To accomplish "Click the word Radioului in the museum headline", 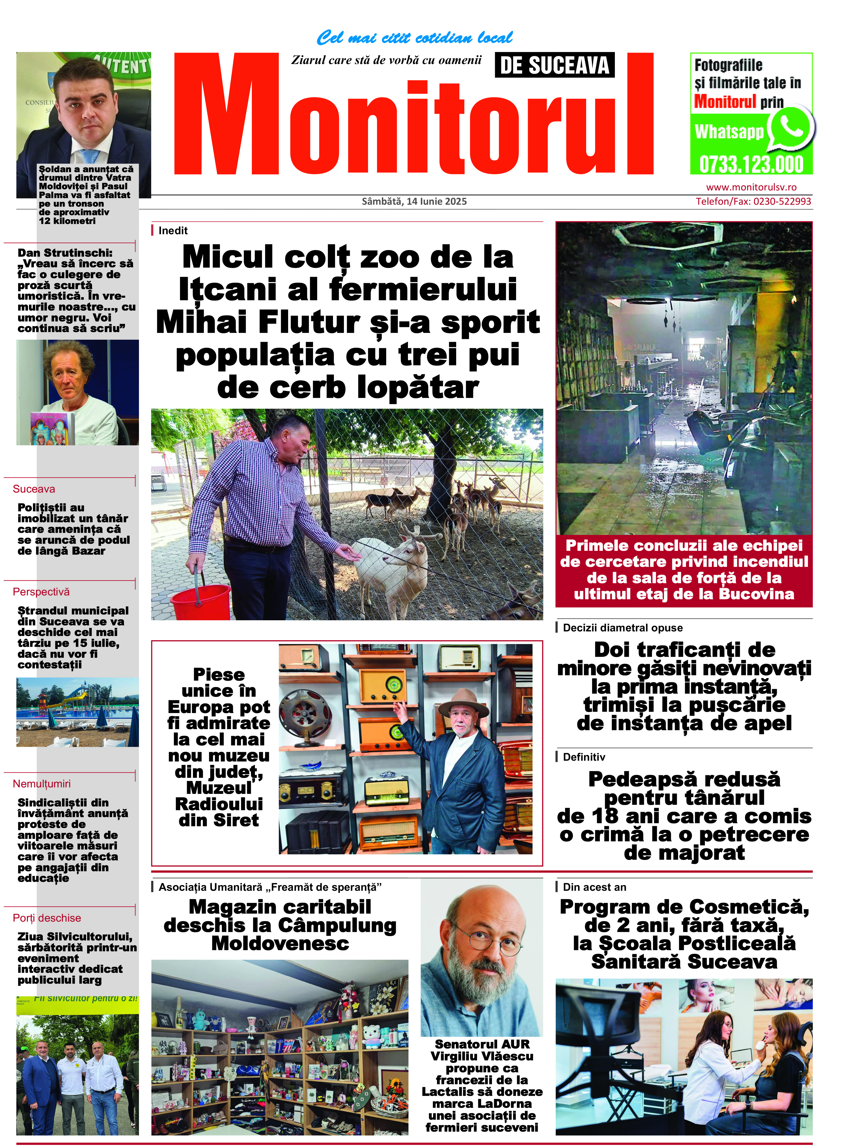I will point(219,804).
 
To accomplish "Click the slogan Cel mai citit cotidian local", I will point(414,37).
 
